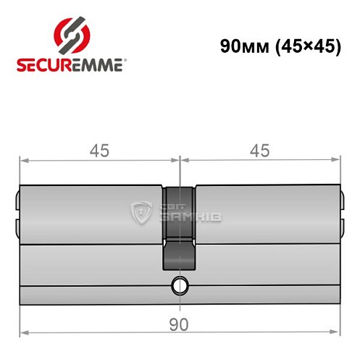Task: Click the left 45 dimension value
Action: pos(99,151)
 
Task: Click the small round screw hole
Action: pos(178,286)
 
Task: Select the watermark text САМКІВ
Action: pos(188,216)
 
